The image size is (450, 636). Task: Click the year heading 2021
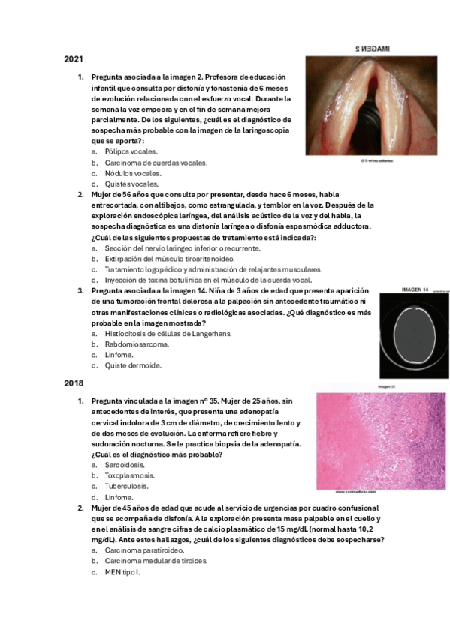(73, 58)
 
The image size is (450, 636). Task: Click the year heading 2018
(73, 382)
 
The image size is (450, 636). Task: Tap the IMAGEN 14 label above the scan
(415, 289)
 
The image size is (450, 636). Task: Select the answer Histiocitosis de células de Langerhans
(168, 334)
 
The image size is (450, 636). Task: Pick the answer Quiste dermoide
(133, 366)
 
